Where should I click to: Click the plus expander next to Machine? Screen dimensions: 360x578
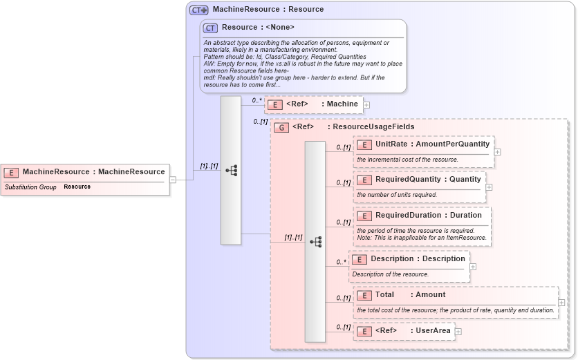point(366,105)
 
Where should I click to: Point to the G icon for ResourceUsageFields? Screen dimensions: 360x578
point(281,127)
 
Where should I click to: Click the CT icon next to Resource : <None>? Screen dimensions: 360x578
point(211,28)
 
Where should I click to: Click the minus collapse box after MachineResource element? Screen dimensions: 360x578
point(173,180)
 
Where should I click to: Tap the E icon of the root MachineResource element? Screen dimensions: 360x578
point(12,172)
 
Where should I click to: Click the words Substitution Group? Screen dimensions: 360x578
point(30,187)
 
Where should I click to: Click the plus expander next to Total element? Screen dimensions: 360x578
point(561,303)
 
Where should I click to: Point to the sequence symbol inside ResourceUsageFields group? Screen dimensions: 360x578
point(315,242)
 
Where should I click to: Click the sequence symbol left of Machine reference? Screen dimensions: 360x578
point(231,170)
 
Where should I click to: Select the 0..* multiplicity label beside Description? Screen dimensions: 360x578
point(341,262)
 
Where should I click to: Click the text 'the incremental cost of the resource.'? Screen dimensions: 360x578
point(407,160)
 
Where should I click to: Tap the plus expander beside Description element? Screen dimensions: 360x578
point(473,266)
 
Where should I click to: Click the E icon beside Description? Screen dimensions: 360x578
point(359,259)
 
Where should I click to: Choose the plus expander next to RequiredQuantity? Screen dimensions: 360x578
point(489,187)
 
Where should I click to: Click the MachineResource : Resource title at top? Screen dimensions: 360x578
point(268,10)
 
